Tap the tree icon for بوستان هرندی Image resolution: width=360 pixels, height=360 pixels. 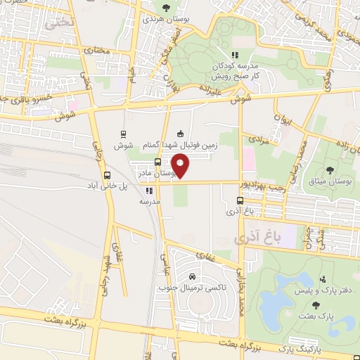click(166, 8)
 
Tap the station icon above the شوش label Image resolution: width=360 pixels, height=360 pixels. click(124, 134)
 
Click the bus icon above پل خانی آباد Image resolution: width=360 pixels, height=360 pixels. click(107, 175)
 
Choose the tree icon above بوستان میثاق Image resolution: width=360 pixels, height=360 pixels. click(330, 169)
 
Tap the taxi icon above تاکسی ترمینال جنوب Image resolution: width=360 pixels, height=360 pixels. click(192, 276)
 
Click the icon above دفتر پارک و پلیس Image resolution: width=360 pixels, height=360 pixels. click(323, 279)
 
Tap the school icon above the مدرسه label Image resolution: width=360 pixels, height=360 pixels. click(148, 190)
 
